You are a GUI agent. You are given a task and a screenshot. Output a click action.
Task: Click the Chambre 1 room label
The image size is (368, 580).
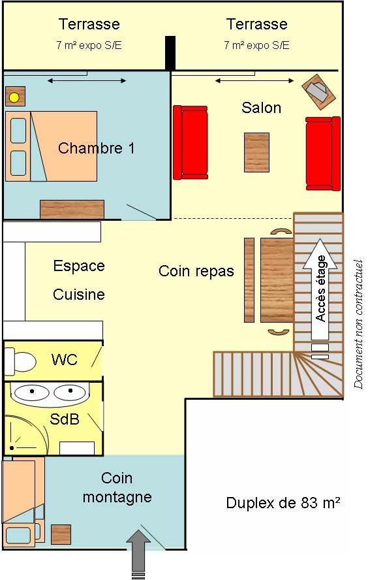click(96, 148)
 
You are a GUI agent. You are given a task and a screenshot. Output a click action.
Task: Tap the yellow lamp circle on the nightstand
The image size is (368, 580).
click(14, 98)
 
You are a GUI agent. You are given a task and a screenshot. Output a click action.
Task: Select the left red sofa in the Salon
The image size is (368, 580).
click(191, 142)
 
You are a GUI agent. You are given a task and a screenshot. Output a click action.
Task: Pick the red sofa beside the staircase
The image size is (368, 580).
click(323, 153)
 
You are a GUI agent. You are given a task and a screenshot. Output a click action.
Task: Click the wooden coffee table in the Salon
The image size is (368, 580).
click(257, 153)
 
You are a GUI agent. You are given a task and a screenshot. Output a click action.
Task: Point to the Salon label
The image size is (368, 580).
click(261, 108)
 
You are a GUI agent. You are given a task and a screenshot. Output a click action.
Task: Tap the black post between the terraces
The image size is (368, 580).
click(170, 53)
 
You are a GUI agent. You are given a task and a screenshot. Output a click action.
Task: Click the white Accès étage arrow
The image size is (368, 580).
click(320, 289)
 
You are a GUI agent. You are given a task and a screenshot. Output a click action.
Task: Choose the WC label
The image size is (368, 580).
click(65, 359)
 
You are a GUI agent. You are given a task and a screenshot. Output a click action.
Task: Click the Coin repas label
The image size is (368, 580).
click(196, 271)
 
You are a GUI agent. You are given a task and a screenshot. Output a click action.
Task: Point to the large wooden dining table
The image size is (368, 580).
click(277, 280)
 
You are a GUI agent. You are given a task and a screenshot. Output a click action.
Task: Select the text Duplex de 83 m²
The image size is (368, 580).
click(283, 503)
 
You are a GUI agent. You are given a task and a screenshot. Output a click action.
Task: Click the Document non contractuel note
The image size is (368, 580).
click(358, 324)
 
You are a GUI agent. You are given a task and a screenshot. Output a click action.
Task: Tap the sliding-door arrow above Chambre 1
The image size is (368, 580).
click(87, 80)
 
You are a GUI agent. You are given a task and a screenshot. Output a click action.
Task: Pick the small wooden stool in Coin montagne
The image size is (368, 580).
click(61, 534)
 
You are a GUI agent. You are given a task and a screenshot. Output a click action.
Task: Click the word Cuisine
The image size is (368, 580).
click(79, 295)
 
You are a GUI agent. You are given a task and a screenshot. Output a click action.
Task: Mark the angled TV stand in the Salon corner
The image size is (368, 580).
click(319, 91)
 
